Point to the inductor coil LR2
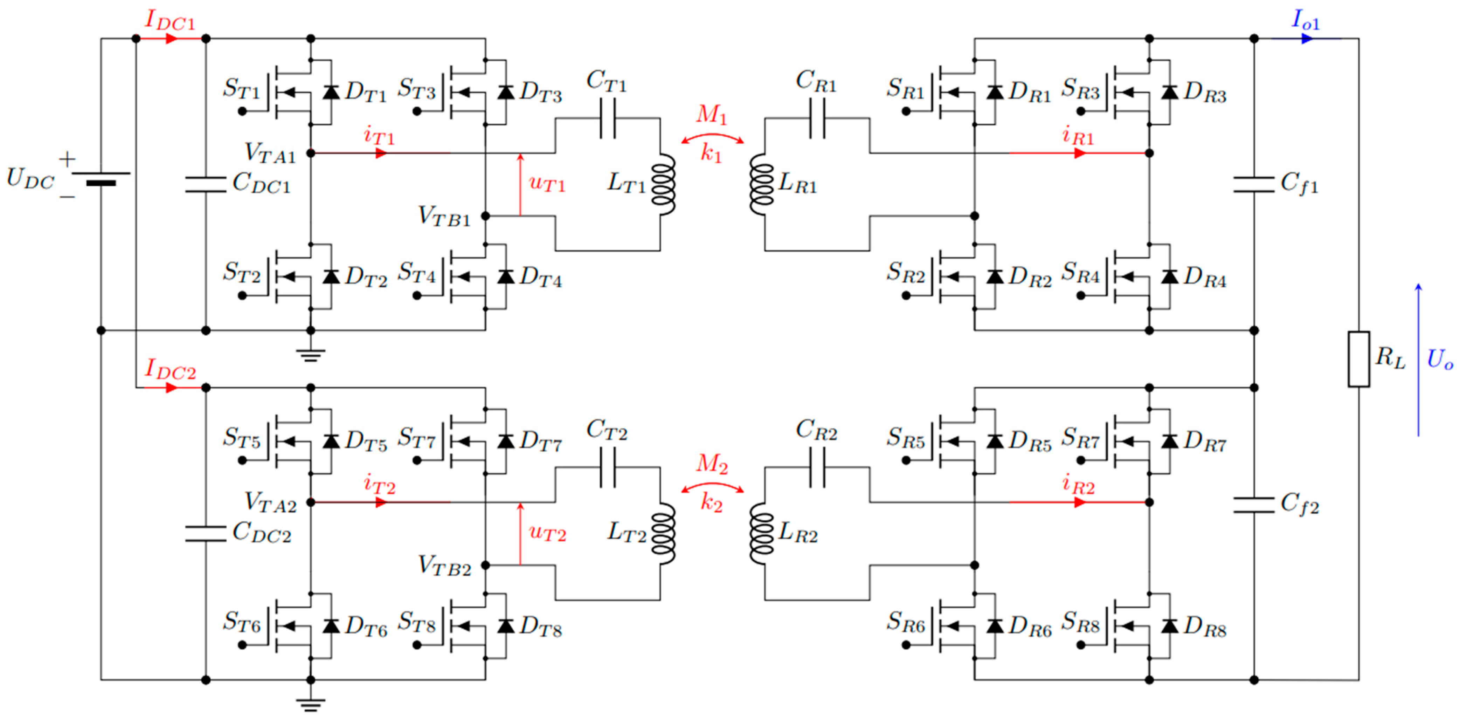tap(762, 534)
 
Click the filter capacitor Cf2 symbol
tap(1254, 505)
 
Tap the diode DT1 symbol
tap(331, 92)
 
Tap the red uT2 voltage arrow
tap(520, 533)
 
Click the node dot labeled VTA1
tap(311, 153)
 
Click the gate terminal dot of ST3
tap(417, 111)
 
